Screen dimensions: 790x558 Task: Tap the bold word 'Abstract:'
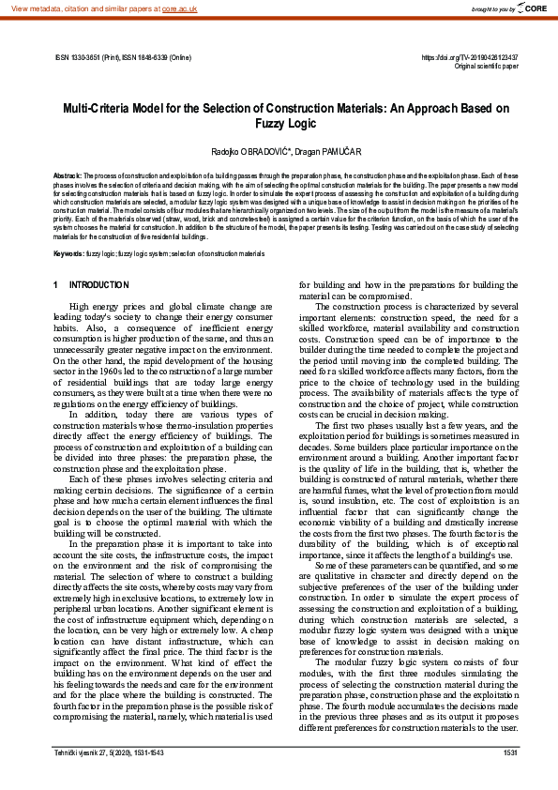coord(68,175)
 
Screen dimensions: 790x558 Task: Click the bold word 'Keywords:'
coord(69,254)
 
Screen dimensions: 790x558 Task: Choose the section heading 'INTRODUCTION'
coord(99,284)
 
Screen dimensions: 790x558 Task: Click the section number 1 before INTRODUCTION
coord(56,284)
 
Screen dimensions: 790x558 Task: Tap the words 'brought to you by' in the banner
coord(491,8)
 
